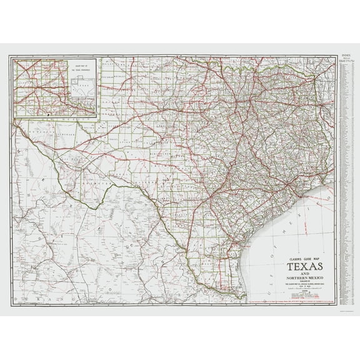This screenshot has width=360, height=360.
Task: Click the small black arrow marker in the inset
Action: (47, 114)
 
